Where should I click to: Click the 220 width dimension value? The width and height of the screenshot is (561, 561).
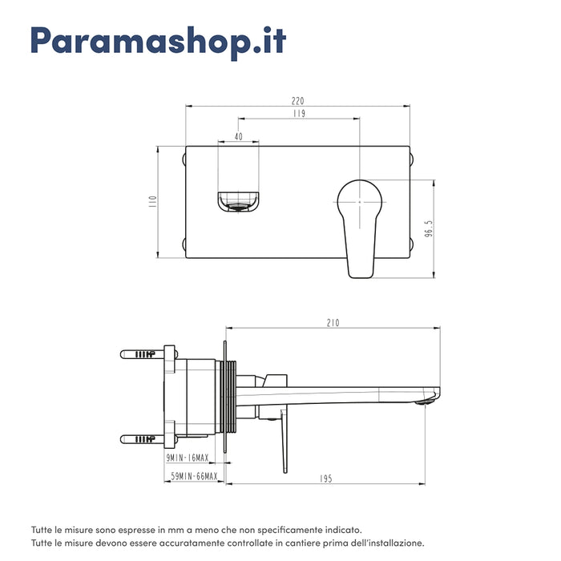pyautogui.click(x=297, y=102)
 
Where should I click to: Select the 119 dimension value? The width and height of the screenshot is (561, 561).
pyautogui.click(x=298, y=115)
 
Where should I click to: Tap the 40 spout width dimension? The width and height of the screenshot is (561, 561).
pyautogui.click(x=239, y=137)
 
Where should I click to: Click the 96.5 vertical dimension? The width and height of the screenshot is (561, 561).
pyautogui.click(x=429, y=229)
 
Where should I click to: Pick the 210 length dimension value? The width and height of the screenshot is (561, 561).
pyautogui.click(x=333, y=323)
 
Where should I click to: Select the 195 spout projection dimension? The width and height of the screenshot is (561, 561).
pyautogui.click(x=325, y=478)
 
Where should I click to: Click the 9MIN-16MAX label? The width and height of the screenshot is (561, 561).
pyautogui.click(x=188, y=458)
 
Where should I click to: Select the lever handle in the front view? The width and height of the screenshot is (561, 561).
pyautogui.click(x=360, y=224)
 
